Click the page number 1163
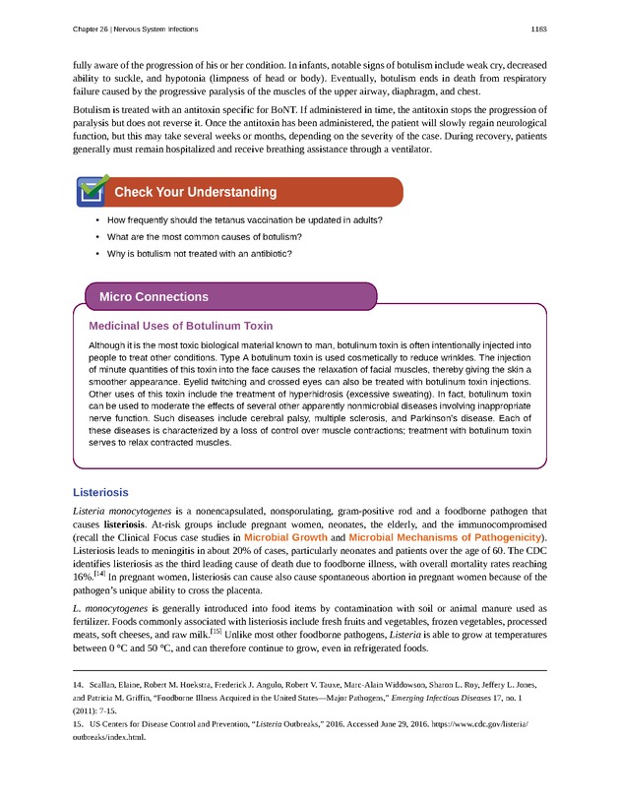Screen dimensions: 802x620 pos(538,29)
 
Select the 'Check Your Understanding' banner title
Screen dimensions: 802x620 pos(195,192)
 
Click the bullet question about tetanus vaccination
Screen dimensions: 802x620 pos(244,219)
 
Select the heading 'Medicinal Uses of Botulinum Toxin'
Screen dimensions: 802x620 pos(180,326)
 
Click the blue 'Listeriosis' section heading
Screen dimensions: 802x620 pos(100,492)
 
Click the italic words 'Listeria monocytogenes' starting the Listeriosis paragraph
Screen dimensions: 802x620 pos(122,512)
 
